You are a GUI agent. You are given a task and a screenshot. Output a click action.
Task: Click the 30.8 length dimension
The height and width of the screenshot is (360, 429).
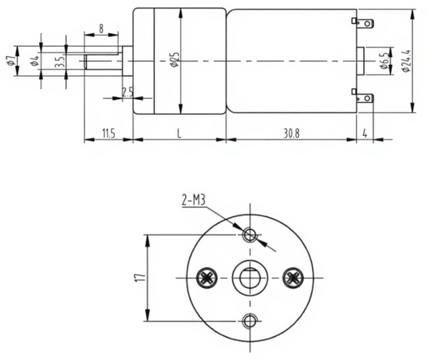292,133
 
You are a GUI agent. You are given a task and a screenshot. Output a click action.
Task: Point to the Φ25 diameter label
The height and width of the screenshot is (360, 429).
174,61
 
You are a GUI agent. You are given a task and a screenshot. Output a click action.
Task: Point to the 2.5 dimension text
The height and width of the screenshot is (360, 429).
127,92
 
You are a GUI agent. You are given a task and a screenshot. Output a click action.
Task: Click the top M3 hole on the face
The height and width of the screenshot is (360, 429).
249,234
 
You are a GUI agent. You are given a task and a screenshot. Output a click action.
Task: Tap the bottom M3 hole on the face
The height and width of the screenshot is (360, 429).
249,321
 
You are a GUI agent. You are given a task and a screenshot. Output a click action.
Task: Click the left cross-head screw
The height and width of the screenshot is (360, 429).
207,278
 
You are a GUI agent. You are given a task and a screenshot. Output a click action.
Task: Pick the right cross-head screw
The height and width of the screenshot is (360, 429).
291,278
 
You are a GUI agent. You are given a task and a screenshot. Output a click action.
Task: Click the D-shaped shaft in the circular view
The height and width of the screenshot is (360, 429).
249,278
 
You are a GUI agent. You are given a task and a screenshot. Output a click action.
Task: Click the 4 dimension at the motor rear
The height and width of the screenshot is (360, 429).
365,133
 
